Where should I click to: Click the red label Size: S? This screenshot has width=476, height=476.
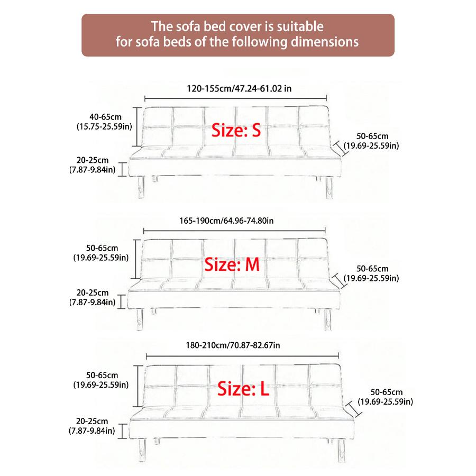click(x=236, y=130)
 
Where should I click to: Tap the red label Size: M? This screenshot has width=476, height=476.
click(x=232, y=264)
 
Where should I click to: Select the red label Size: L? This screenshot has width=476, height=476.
click(x=243, y=390)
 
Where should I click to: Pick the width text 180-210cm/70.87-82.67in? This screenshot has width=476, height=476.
click(x=233, y=345)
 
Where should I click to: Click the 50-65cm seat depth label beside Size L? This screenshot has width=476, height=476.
click(x=387, y=392)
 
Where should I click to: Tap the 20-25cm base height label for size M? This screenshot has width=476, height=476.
click(x=93, y=292)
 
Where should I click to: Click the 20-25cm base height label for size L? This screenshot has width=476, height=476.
click(x=93, y=422)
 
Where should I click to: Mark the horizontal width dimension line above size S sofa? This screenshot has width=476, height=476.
click(x=236, y=98)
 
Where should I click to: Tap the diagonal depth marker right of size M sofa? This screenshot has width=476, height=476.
click(x=337, y=278)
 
